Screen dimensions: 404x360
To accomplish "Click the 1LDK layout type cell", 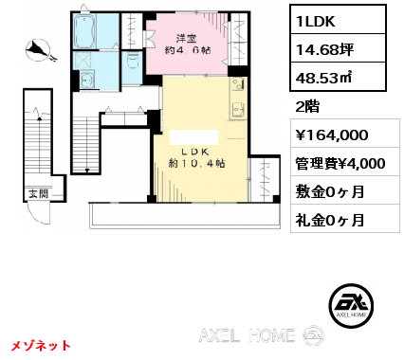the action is click(x=338, y=20).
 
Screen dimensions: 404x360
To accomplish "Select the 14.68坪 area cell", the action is click(x=338, y=48).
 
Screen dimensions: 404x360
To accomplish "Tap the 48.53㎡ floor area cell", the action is click(x=338, y=77).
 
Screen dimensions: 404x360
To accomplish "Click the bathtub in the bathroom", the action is click(x=84, y=31).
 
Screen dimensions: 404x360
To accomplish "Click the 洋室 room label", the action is click(x=186, y=39).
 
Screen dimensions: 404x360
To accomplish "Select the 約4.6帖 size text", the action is click(x=188, y=50).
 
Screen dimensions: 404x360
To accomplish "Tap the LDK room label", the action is click(x=195, y=152).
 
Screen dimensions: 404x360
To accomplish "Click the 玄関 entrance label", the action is click(x=39, y=194).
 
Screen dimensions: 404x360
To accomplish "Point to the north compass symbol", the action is click(x=39, y=50).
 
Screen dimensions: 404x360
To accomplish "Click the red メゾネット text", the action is click(x=41, y=346).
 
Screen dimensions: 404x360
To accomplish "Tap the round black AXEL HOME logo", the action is click(x=351, y=305).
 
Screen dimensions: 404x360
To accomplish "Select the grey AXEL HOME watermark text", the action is click(x=247, y=335).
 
